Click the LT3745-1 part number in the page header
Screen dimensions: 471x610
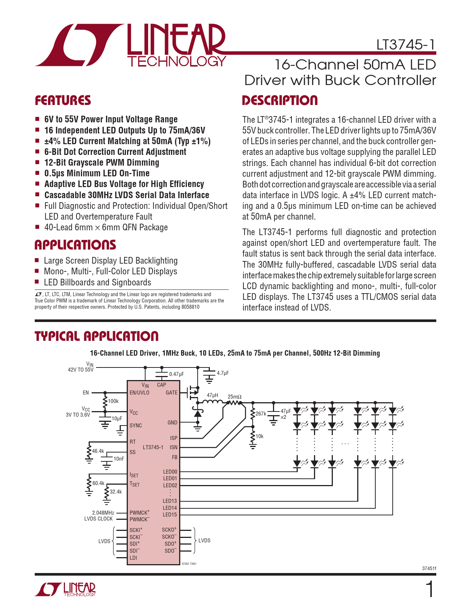[406, 45]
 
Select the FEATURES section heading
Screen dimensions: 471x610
[63, 101]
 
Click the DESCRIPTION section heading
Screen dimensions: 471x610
[280, 101]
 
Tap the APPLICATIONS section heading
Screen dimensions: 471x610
[75, 245]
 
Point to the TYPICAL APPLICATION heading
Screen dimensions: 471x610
[96, 336]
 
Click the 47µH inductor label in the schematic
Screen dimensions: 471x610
[212, 395]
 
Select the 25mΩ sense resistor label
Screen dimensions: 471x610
[235, 397]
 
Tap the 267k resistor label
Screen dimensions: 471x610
[260, 413]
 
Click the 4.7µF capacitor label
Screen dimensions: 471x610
[223, 373]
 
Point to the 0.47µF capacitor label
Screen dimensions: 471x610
[177, 374]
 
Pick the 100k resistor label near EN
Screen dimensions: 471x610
[113, 401]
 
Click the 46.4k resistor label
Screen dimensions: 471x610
[98, 451]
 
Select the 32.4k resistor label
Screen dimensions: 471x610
[116, 492]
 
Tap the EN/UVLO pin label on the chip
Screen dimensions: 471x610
[139, 393]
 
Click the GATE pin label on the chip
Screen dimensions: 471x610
[172, 393]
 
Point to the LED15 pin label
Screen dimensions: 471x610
[170, 515]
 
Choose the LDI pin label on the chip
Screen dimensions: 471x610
[133, 558]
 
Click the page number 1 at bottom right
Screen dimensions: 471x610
[430, 590]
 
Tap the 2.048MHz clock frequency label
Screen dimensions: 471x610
[103, 513]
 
